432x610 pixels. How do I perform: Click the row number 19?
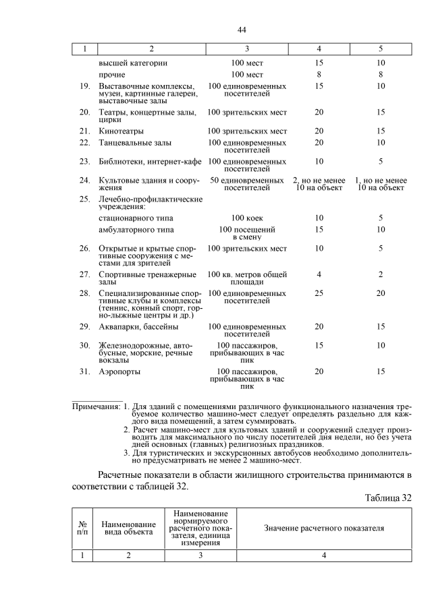[85, 86]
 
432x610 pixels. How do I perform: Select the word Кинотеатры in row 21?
[122, 131]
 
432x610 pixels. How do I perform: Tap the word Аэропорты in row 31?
[121, 371]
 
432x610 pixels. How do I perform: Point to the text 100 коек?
[246, 218]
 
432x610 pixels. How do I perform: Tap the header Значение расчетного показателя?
[324, 528]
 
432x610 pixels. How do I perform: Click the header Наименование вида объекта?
[129, 528]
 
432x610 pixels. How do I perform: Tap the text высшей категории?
[132, 63]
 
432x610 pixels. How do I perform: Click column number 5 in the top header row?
[381, 49]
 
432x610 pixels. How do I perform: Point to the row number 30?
[85, 345]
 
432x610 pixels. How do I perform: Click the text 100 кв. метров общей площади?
[246, 278]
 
